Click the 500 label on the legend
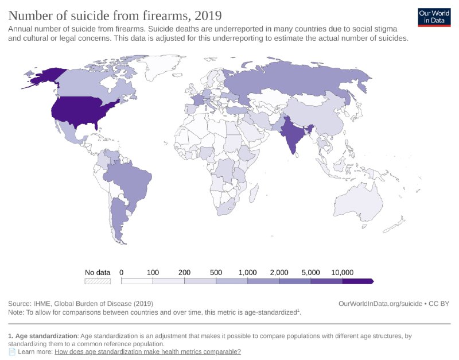pos(216,272)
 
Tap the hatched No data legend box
pos(97,281)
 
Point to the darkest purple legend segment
pos(357,281)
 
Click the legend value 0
pos(122,272)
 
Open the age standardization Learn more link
pos(147,351)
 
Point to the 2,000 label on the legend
pos(279,272)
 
